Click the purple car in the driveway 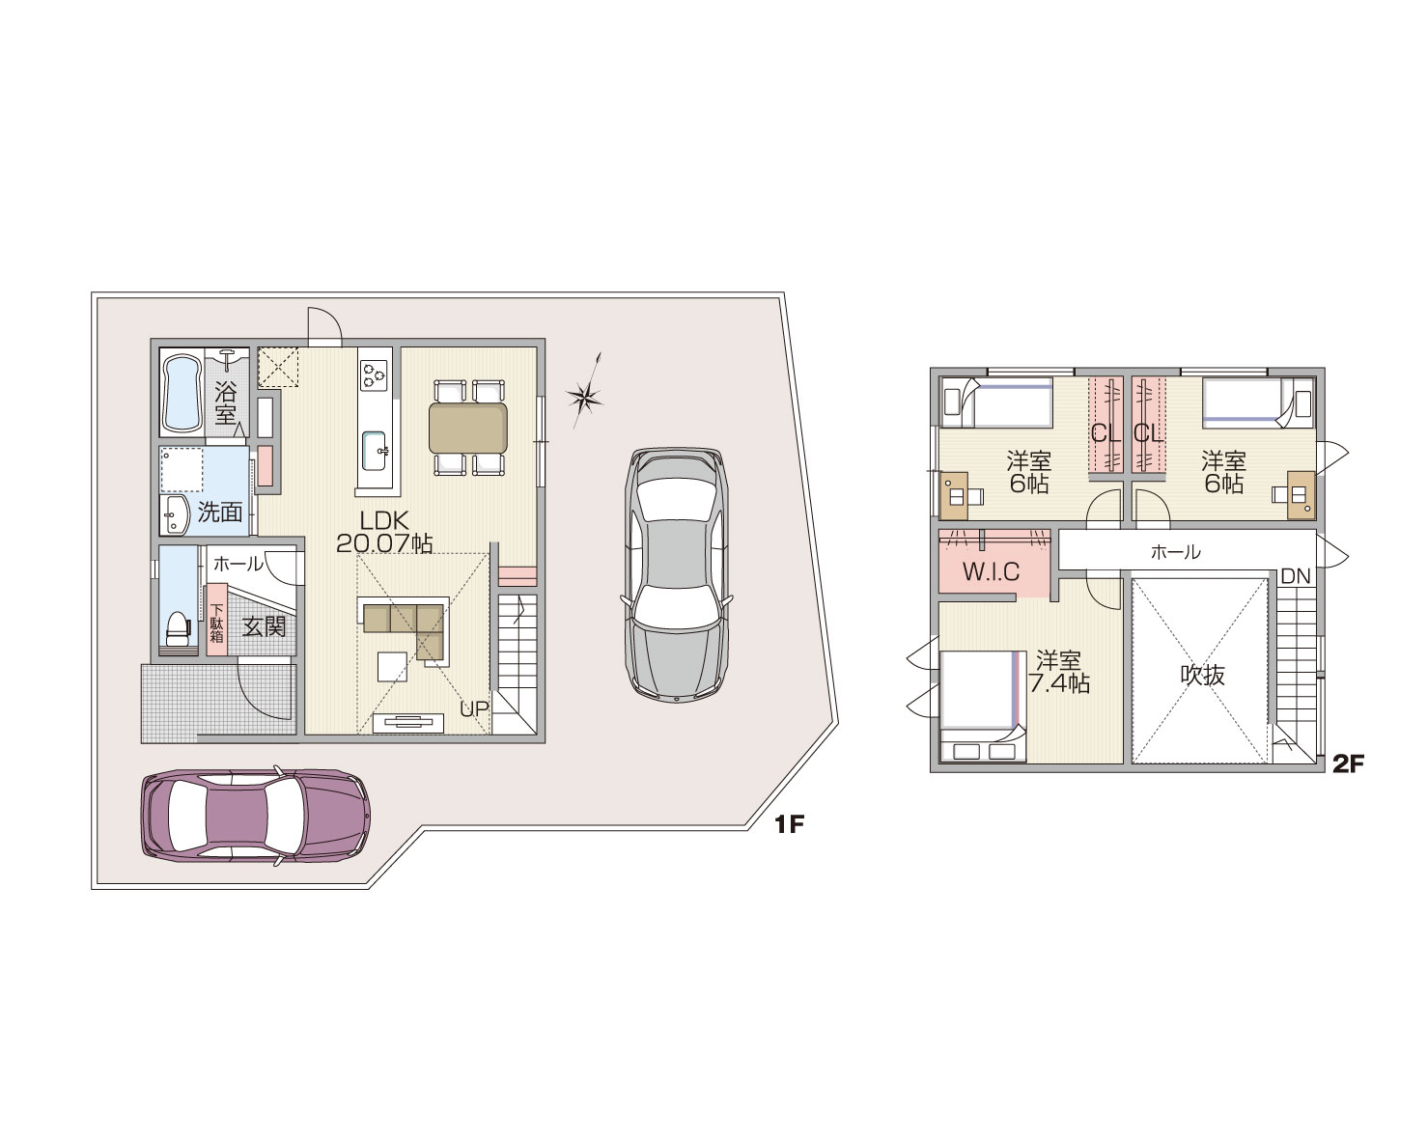pos(255,817)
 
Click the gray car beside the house pos(677,575)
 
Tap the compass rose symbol pos(585,394)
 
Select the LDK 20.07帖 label pos(384,533)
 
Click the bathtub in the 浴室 pos(182,393)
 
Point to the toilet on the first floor pos(178,627)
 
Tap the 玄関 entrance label pos(264,626)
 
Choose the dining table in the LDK pos(468,428)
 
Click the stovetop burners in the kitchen pos(374,374)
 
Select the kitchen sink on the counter pos(375,451)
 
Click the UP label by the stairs pos(474,708)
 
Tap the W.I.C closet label pos(992,572)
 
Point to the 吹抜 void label pos(1202,675)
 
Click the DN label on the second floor pos(1296,577)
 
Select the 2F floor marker pos(1348,763)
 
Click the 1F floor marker pos(789,824)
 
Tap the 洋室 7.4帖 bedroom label pos(1059,672)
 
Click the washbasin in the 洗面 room pos(174,513)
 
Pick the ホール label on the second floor pos(1176,551)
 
